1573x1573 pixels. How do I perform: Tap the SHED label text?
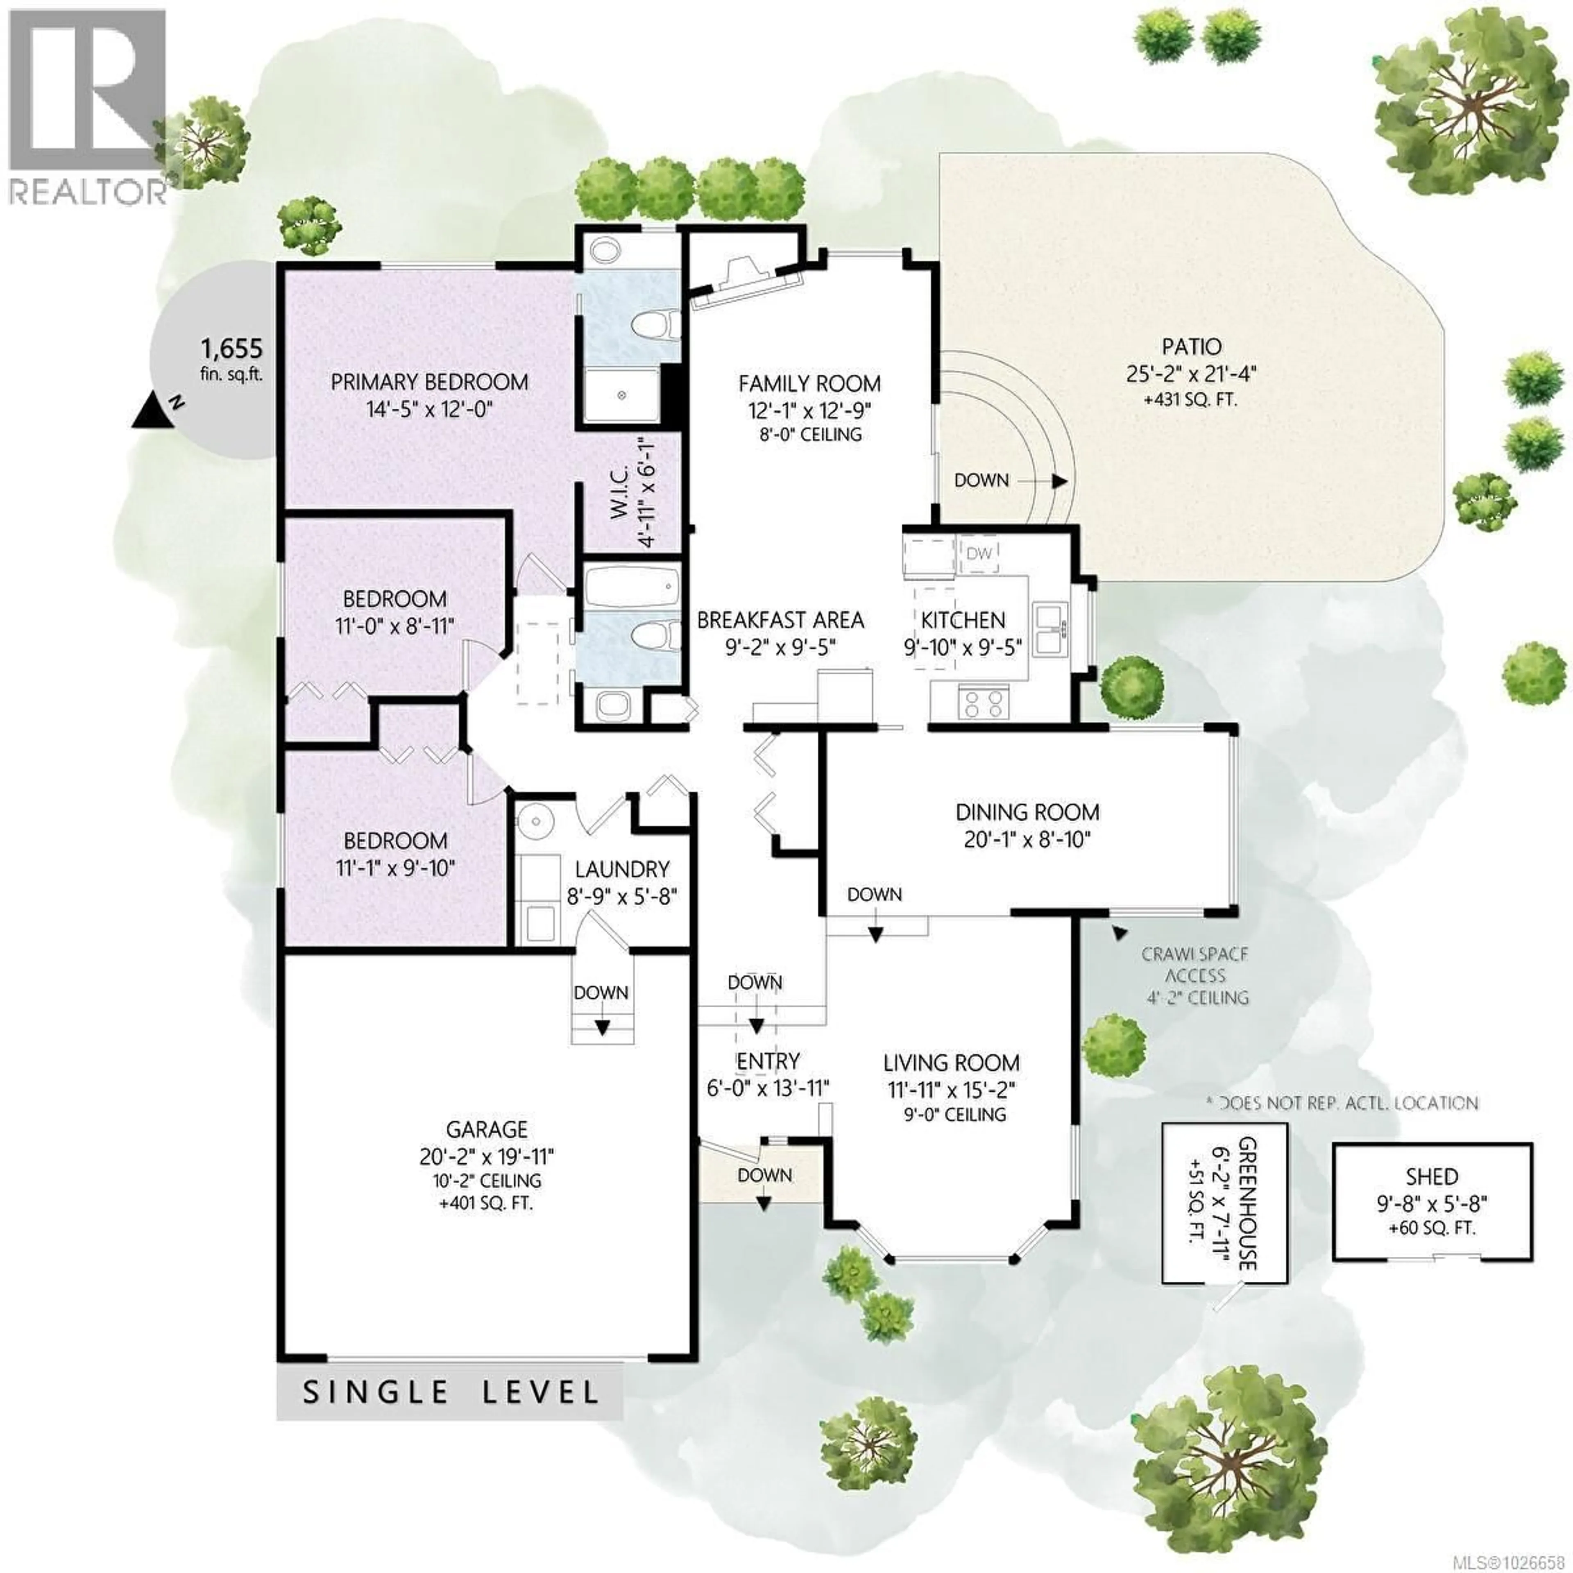pyautogui.click(x=1431, y=1176)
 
